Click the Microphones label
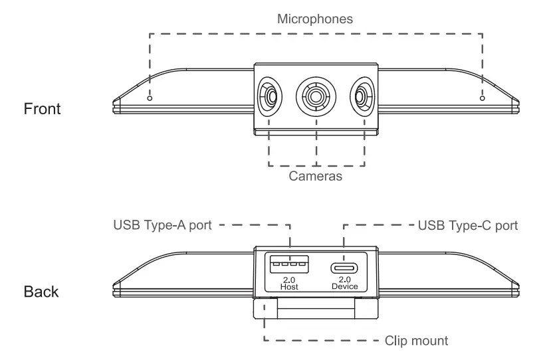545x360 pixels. (x=315, y=19)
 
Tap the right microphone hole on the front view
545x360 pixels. (x=482, y=98)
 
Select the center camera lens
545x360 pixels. (x=316, y=97)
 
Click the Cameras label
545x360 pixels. (x=316, y=177)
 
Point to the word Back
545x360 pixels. (x=42, y=292)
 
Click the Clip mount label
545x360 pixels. (x=417, y=341)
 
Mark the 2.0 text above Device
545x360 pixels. (x=344, y=279)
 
